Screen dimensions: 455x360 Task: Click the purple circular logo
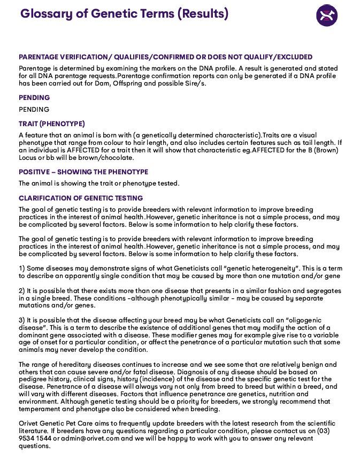point(327,16)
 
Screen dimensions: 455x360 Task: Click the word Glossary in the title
point(44,14)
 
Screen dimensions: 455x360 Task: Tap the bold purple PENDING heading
point(34,98)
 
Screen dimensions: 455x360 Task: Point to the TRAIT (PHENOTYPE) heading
point(52,124)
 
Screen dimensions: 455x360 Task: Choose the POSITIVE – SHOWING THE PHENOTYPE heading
point(83,172)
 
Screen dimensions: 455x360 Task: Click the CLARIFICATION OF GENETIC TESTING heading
point(81,198)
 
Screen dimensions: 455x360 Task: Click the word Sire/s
point(194,83)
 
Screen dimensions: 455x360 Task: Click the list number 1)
point(22,268)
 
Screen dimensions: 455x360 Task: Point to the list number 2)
point(22,291)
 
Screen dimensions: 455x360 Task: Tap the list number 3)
point(22,320)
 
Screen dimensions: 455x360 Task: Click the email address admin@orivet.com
point(89,438)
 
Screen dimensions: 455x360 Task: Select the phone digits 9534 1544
point(35,438)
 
